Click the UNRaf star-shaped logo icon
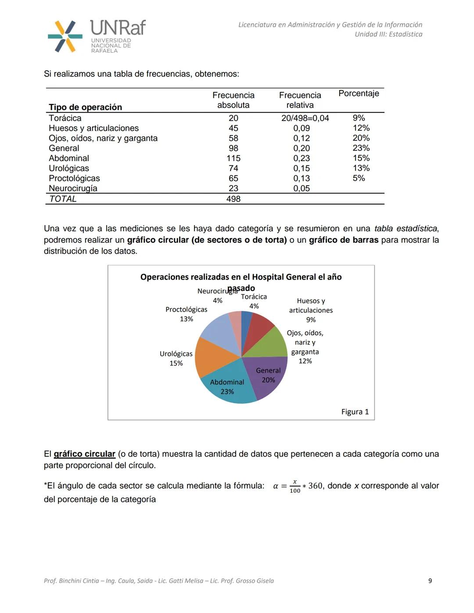pos(65,36)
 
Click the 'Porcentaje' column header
pos(359,93)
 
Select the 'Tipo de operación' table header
pos(85,107)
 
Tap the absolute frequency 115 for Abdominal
pos(233,158)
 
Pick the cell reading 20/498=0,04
pos(305,118)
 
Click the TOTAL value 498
pos(233,199)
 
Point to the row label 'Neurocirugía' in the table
pos(73,189)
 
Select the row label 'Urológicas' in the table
pos(69,168)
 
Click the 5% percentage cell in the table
pos(359,178)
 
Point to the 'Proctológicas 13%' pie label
pos(186,314)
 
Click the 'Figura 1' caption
pos(355,412)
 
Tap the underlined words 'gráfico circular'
pos(84,454)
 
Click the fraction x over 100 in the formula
pos(295,486)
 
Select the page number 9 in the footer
pos(430,581)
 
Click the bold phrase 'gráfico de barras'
pos(343,240)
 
